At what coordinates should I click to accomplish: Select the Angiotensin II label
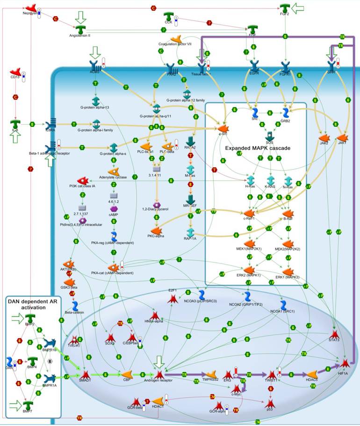[x=79, y=35]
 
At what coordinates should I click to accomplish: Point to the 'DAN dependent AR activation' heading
[x=33, y=304]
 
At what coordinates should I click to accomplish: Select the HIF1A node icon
[x=345, y=363]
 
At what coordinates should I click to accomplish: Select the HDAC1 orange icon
[x=158, y=401]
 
